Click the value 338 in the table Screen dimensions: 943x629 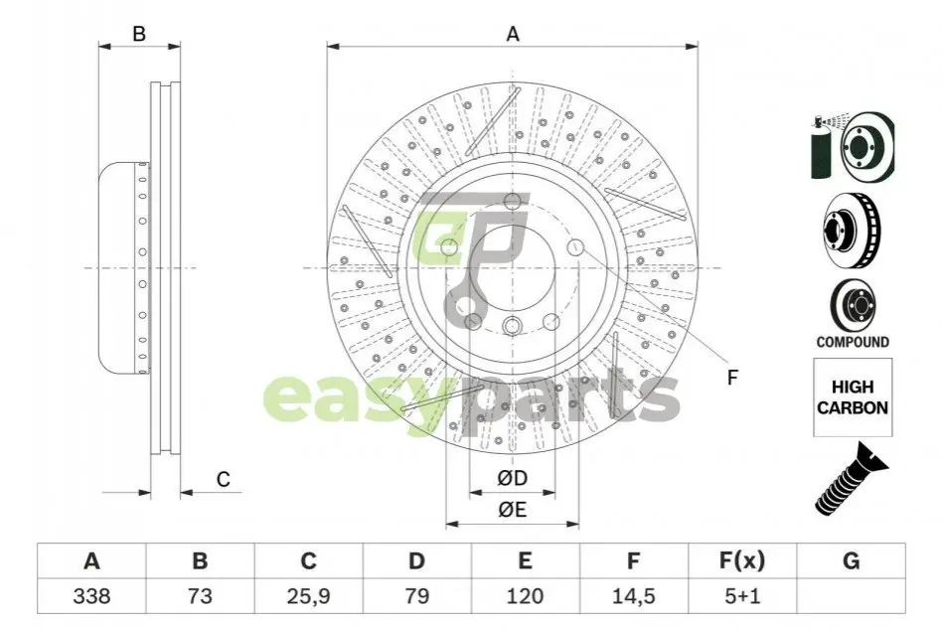click(x=91, y=596)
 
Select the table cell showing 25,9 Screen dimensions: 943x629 click(x=308, y=596)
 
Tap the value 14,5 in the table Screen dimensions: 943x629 click(x=633, y=596)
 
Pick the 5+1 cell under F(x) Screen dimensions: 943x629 click(x=742, y=596)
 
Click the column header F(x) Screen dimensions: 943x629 click(x=742, y=560)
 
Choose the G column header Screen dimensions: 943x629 click(x=851, y=560)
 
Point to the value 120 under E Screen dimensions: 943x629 click(x=525, y=596)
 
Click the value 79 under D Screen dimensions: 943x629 click(x=416, y=596)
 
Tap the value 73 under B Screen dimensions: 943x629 click(x=200, y=596)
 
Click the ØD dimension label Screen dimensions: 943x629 click(x=513, y=478)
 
